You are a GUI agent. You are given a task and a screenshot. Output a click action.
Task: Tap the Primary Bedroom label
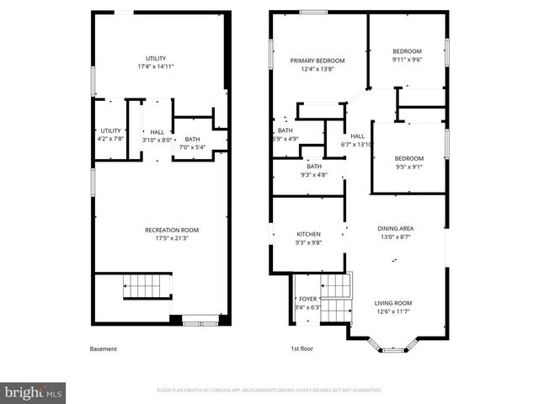point(318,61)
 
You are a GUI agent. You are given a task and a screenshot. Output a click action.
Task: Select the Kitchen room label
point(308,234)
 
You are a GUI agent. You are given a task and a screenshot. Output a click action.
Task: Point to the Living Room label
point(393,303)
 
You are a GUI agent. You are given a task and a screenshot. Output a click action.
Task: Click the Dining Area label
point(394,228)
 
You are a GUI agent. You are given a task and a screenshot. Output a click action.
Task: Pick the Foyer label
point(307,299)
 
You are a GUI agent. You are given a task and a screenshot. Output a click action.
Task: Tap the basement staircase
point(147,286)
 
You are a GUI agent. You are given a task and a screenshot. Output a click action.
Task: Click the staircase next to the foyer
point(337,299)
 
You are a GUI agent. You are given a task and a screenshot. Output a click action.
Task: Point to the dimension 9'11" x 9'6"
point(407,60)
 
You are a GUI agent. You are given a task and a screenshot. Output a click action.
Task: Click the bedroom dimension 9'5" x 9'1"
point(409,167)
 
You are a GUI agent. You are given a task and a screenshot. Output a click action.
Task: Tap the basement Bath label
point(193,140)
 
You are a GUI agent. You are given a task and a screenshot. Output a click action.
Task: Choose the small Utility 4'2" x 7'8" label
point(110,130)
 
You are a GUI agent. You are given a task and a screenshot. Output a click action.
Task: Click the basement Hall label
point(157,131)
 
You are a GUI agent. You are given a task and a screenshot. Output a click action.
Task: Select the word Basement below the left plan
point(104,348)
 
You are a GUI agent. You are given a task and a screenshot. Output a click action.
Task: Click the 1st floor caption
point(302,348)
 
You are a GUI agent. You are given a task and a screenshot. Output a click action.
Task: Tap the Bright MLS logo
point(34,392)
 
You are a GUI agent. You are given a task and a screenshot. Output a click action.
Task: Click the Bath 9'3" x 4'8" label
point(314,167)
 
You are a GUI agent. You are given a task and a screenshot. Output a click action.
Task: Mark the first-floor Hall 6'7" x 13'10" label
point(358,136)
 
